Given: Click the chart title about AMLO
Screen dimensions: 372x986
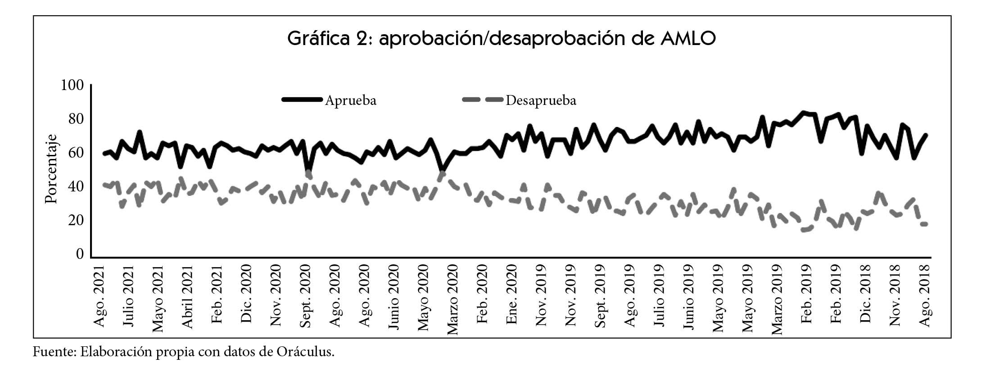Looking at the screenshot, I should coord(501,39).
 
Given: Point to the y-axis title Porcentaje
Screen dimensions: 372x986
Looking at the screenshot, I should coord(52,169).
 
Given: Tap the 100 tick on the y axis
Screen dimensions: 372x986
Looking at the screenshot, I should coord(72,85).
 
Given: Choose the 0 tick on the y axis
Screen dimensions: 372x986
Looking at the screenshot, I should coord(80,254).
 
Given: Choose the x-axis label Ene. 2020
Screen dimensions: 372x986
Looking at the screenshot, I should coord(512,294).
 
